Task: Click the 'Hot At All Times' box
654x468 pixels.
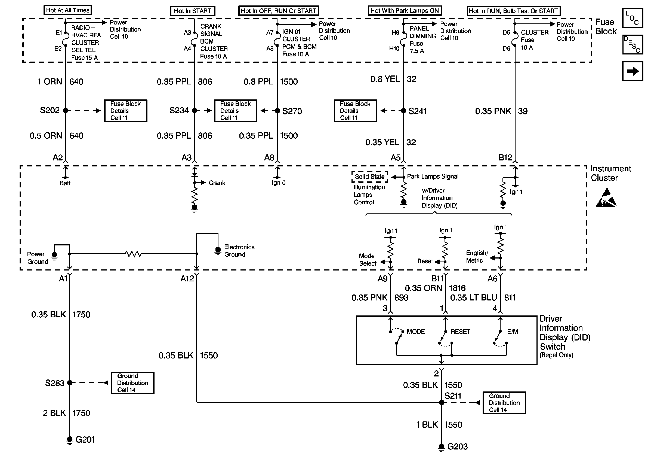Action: tap(68, 10)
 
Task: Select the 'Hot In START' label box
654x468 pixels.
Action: tap(193, 11)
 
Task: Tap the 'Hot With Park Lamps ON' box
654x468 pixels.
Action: tap(405, 11)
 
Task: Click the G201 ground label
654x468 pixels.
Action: tap(85, 439)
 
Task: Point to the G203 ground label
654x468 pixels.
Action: tap(458, 446)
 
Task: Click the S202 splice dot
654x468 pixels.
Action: tap(66, 110)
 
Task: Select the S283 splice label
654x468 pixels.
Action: tap(55, 383)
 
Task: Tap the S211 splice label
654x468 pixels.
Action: tap(453, 396)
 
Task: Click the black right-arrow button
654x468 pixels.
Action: tap(633, 71)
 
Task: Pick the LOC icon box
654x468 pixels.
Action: tap(633, 18)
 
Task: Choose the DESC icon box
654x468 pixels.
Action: tap(633, 45)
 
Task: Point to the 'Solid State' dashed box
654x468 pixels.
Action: tap(370, 177)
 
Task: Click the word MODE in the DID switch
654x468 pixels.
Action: tap(416, 332)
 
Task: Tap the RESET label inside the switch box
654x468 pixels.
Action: tap(460, 332)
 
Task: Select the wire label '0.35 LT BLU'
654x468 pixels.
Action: tap(474, 298)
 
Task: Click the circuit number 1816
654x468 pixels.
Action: tap(457, 288)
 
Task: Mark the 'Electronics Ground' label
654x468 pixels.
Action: tap(239, 251)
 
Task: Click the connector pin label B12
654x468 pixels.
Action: tap(505, 158)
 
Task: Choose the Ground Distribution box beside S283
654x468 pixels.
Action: tap(133, 383)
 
